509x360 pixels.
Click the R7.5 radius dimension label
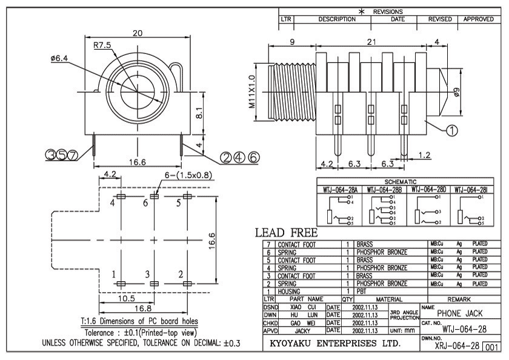(x=102, y=45)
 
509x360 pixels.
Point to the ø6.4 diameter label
(x=59, y=58)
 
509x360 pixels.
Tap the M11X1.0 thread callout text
(x=252, y=92)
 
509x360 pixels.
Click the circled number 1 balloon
(x=452, y=130)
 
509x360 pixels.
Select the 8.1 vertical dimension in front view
(x=199, y=113)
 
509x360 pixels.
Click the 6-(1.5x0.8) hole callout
(x=188, y=175)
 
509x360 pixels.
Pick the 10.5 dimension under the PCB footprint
(x=126, y=298)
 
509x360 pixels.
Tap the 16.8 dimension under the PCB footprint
(x=143, y=308)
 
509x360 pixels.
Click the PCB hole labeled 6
(x=154, y=196)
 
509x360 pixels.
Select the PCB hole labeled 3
(x=154, y=284)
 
